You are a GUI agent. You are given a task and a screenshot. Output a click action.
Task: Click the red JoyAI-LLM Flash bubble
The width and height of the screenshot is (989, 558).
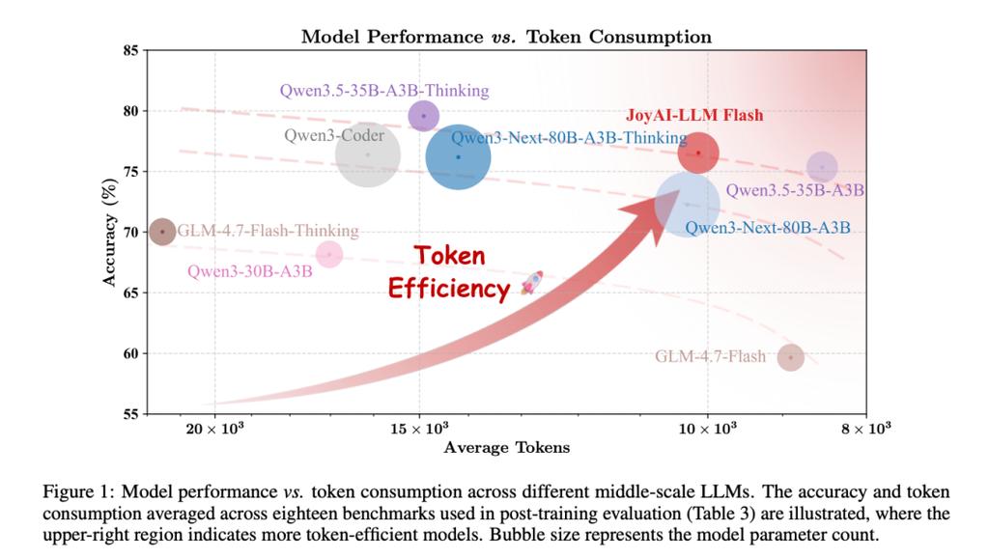pos(692,153)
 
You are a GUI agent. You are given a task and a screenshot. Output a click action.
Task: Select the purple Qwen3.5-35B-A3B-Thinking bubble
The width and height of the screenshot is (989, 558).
pos(423,116)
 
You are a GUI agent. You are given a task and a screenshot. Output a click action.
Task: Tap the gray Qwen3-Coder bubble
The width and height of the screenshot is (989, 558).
pos(368,154)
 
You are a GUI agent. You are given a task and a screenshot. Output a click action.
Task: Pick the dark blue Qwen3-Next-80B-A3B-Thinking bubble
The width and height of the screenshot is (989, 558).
pos(458,157)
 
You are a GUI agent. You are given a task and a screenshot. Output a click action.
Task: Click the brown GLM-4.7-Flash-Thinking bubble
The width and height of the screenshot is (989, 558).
pos(163,232)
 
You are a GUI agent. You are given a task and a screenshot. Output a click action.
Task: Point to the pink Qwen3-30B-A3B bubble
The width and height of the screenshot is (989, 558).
pos(329,254)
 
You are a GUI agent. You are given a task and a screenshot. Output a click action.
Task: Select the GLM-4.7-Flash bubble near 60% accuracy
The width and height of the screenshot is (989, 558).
pos(791,357)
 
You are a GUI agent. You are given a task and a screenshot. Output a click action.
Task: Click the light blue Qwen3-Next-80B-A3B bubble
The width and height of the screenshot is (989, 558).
pos(687,204)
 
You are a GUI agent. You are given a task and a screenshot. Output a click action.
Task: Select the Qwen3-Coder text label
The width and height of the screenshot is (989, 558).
pos(333,135)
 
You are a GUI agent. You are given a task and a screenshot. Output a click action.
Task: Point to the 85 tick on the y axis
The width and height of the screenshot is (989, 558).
pos(129,50)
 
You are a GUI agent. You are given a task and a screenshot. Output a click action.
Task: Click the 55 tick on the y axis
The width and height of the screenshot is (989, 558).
pos(129,414)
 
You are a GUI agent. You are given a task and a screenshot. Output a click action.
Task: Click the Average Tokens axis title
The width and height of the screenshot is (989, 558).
pos(506,447)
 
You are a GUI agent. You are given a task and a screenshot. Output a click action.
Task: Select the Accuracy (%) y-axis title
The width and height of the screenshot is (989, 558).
pos(110,232)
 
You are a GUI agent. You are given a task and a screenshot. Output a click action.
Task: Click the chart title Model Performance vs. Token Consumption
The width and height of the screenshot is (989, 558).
pos(506,37)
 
